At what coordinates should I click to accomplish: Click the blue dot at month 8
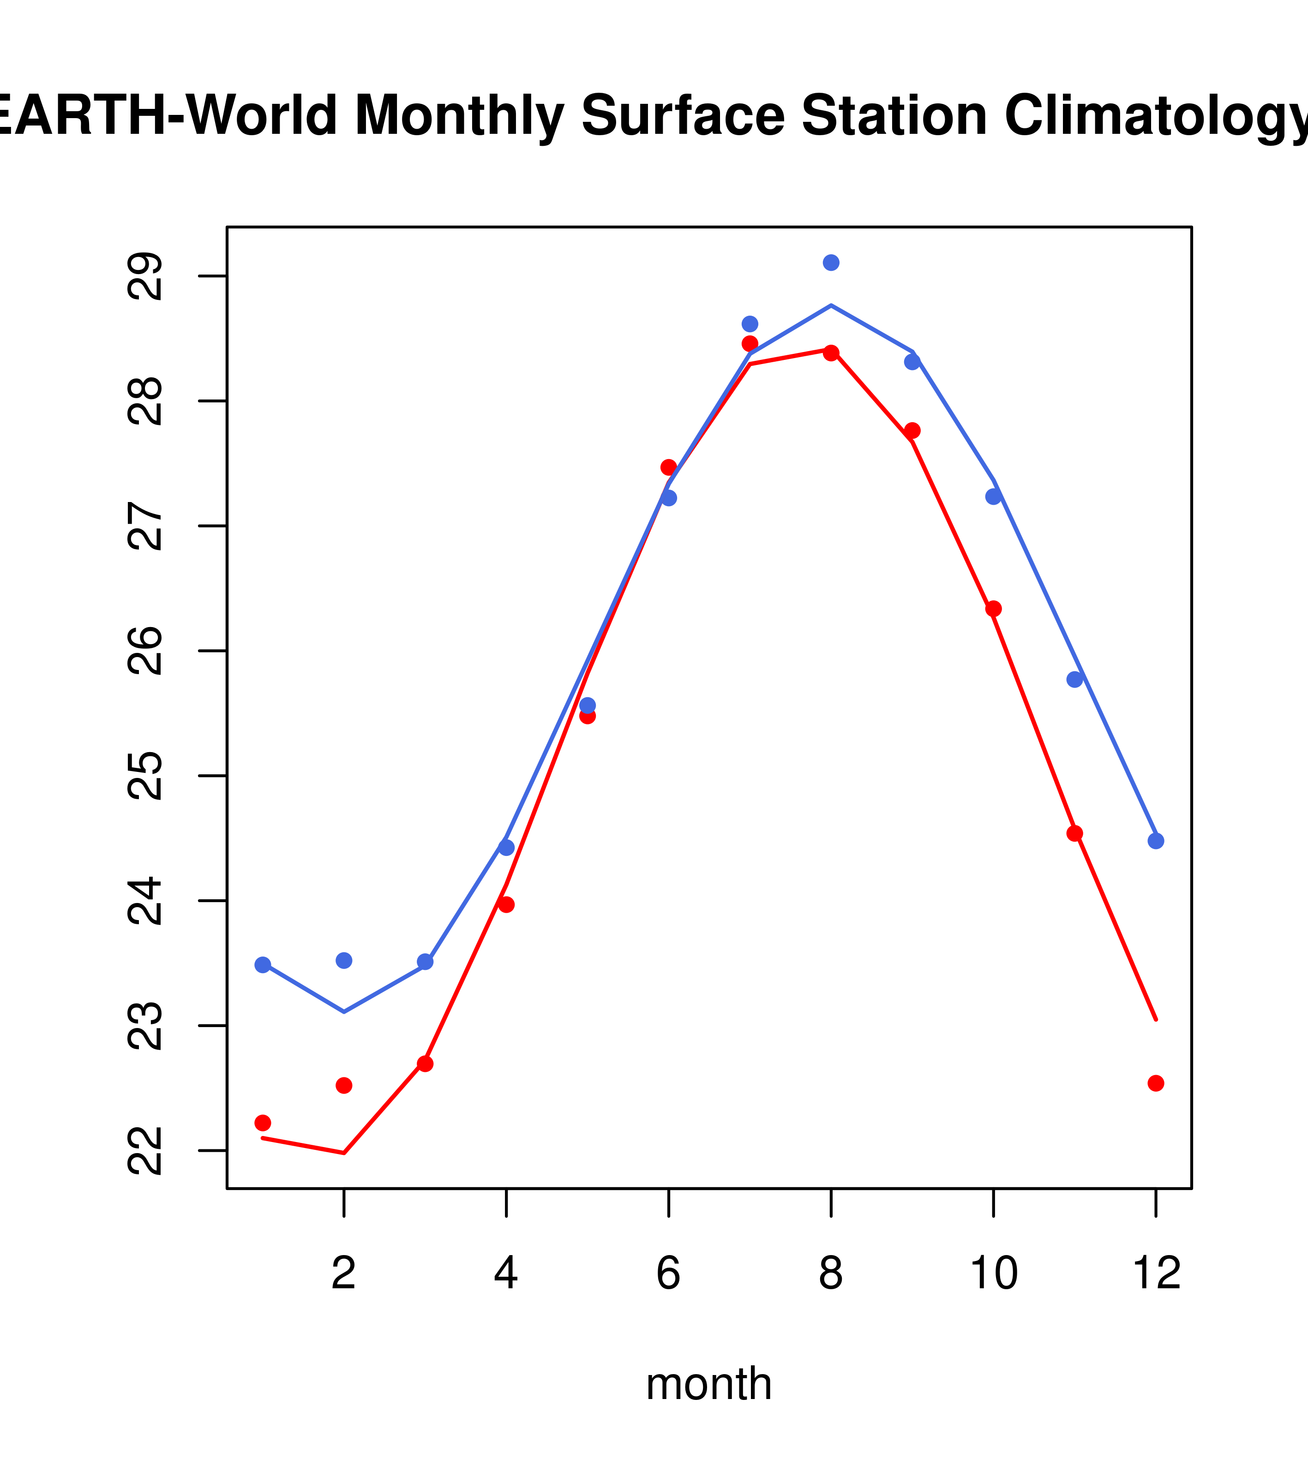coord(831,263)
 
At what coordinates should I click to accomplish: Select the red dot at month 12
coord(1155,1083)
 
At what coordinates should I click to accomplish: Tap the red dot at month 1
coord(263,1123)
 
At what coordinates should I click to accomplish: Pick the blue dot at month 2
coord(344,961)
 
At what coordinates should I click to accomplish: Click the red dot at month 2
coord(344,1085)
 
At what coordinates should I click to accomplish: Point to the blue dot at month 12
coord(1155,841)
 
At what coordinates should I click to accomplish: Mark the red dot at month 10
coord(993,609)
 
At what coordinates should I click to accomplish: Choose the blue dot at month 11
coord(1075,679)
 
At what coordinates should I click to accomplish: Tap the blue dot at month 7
coord(750,324)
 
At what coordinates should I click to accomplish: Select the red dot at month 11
coord(1075,833)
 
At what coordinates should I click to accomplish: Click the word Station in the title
coord(894,115)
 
